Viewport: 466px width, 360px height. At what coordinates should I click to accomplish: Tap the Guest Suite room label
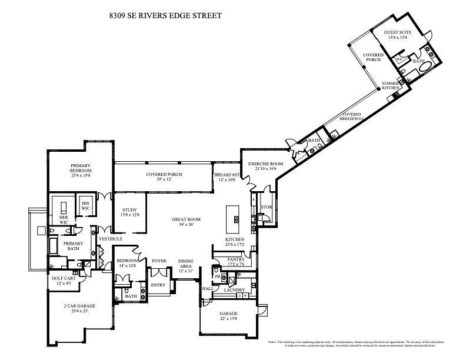(398, 32)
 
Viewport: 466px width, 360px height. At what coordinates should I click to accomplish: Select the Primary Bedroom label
(80, 168)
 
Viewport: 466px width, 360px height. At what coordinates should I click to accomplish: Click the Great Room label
(184, 219)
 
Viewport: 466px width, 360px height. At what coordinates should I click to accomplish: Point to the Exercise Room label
(265, 164)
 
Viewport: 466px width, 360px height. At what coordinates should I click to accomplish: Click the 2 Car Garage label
(79, 306)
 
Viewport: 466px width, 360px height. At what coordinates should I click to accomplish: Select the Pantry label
(235, 259)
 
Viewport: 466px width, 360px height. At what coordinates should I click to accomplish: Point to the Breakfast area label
(227, 175)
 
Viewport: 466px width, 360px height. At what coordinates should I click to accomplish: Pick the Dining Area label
(186, 264)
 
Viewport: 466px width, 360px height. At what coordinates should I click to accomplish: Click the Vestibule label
(110, 239)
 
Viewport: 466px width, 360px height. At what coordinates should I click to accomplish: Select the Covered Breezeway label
(352, 116)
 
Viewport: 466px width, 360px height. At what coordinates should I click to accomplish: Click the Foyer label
(159, 261)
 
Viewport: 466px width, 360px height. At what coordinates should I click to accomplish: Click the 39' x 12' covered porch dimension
(164, 180)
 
